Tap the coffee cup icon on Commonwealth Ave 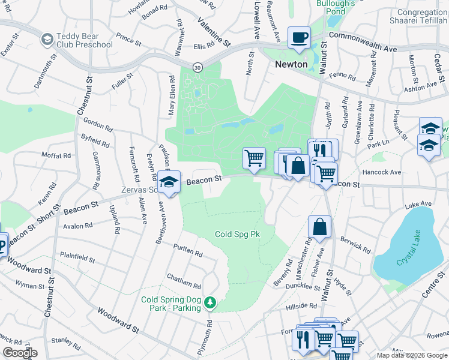click(299, 37)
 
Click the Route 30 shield click(197, 67)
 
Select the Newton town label click(291, 64)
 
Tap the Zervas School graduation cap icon click(169, 181)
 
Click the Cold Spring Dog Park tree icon click(210, 303)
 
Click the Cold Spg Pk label click(237, 234)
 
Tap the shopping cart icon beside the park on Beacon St click(255, 158)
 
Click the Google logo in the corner click(19, 352)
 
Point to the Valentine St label click(214, 31)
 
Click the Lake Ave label click(418, 205)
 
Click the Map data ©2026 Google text click(411, 355)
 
